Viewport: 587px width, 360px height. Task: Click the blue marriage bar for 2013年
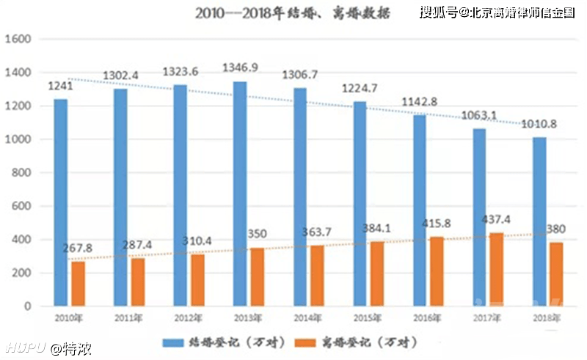(240, 194)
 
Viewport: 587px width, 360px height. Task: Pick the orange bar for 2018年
(557, 274)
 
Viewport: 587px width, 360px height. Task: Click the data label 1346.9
(241, 68)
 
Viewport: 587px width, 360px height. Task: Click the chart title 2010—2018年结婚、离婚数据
(292, 14)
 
